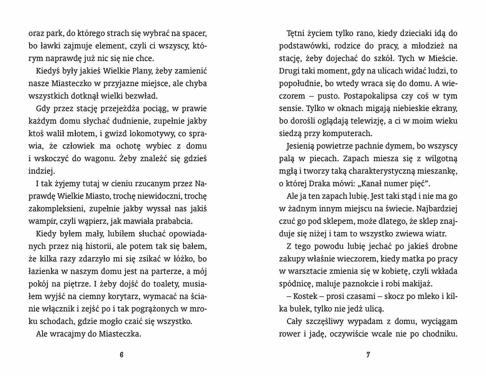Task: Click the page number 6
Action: tap(122, 355)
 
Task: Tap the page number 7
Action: tap(368, 355)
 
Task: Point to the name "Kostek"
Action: tap(299, 297)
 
